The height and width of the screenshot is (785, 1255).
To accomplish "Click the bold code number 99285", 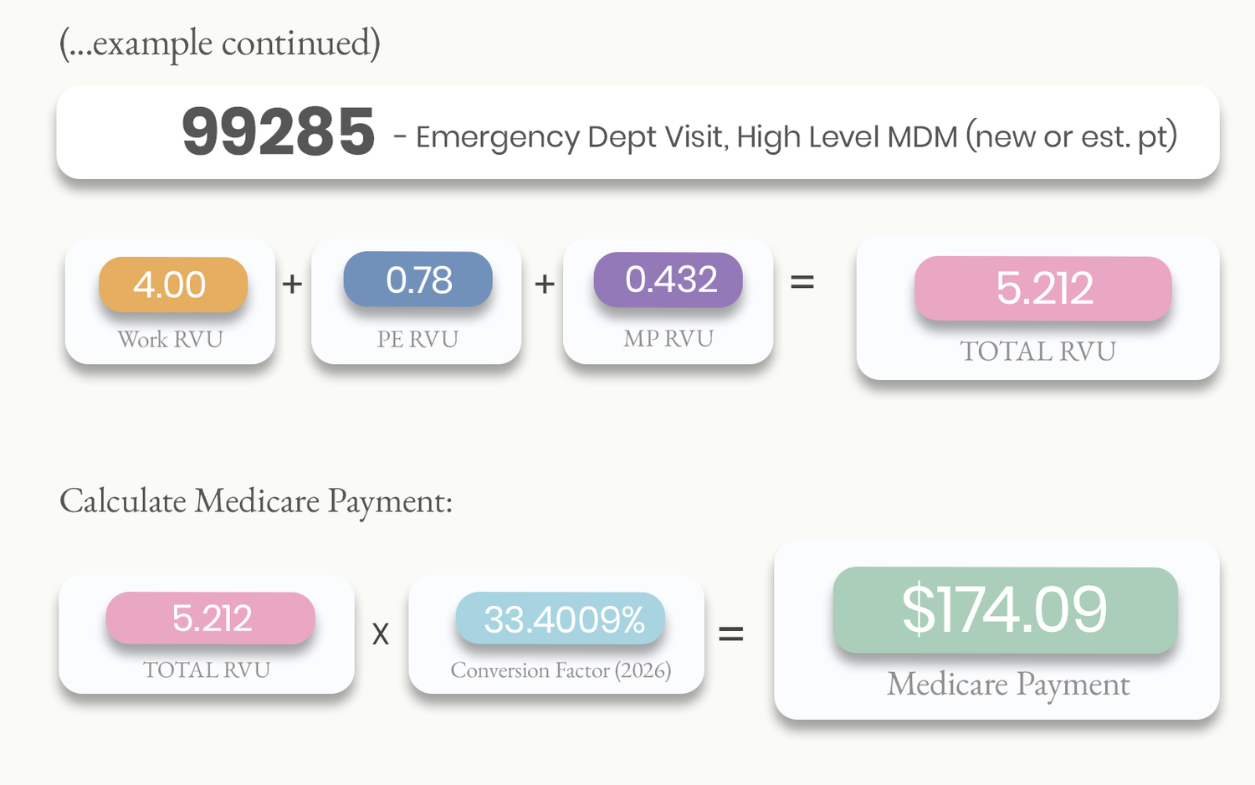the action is (279, 132).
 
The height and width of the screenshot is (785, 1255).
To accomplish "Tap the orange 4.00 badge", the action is (173, 284).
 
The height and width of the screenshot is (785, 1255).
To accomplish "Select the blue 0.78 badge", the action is (418, 279).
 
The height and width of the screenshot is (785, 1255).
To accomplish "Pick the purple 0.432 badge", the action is (668, 279).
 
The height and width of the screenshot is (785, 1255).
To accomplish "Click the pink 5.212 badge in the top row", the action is (1043, 288).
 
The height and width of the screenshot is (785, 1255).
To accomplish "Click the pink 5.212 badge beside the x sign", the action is (211, 618).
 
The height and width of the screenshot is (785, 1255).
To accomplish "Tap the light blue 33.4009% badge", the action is (561, 618).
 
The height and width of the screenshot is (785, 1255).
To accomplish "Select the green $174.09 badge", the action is (1005, 609).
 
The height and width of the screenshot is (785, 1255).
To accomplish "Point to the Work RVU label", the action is (171, 339).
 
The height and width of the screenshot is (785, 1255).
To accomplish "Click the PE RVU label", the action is (418, 339).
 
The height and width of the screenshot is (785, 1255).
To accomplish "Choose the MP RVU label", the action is (668, 338).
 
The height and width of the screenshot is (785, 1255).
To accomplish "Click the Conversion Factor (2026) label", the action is (561, 670).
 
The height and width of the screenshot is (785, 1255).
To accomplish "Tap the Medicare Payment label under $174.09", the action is (1008, 684).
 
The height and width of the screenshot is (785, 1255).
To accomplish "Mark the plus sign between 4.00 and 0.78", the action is (292, 284).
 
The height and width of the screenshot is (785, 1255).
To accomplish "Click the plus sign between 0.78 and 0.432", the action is (545, 284).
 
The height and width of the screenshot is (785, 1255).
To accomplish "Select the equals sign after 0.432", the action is (802, 282).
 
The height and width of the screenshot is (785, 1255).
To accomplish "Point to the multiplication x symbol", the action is (381, 634).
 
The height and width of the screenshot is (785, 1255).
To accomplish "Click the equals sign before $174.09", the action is (731, 634).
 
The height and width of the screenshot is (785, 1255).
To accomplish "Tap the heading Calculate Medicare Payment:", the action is (256, 500).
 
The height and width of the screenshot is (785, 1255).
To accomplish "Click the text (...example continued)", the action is (220, 44).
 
